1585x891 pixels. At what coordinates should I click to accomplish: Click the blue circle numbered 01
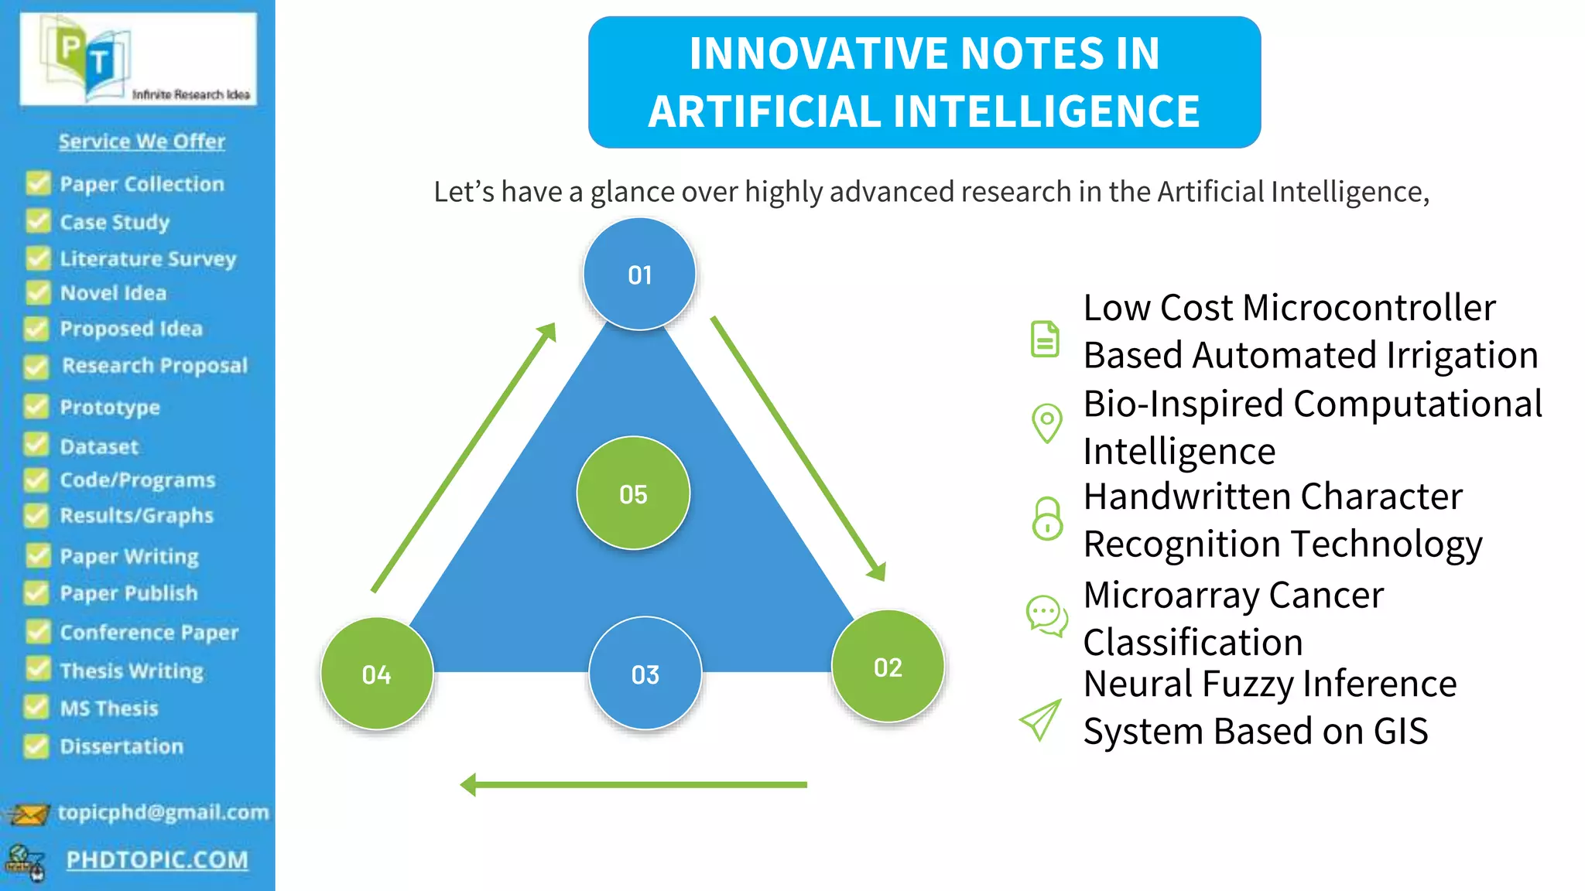[639, 274]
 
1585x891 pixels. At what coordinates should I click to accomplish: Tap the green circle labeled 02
[888, 667]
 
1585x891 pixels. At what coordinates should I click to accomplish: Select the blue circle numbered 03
[645, 674]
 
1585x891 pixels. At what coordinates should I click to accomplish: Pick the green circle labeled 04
[376, 674]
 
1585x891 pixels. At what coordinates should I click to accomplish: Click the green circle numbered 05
[633, 493]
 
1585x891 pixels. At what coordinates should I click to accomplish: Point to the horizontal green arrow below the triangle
[635, 784]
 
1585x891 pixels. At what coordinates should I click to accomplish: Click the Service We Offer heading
[142, 142]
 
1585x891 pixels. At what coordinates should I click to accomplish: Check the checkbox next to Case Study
[37, 221]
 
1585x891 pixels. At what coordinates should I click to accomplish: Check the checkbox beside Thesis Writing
[37, 669]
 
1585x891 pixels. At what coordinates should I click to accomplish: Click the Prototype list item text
[110, 407]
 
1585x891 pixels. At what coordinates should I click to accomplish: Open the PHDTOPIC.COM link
[157, 859]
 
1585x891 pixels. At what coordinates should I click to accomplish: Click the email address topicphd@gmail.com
[163, 812]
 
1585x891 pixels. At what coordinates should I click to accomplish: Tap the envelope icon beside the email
[28, 814]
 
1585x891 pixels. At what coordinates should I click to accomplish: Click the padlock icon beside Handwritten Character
[1047, 518]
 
